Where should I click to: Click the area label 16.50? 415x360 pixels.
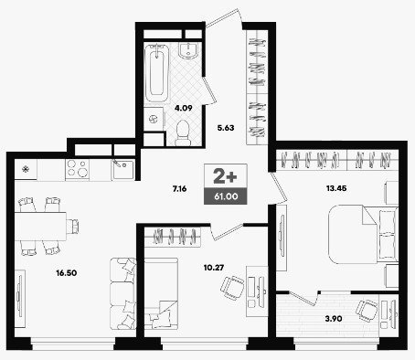[67, 273]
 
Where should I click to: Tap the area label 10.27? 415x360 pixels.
[214, 268]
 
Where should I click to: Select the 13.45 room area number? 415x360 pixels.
[336, 188]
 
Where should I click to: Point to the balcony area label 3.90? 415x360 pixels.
[334, 319]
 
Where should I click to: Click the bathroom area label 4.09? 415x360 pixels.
[183, 108]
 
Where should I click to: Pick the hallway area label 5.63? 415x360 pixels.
[226, 128]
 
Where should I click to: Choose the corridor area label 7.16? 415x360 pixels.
[179, 189]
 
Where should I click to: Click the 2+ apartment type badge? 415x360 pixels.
[225, 176]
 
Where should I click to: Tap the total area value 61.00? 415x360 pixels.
[226, 196]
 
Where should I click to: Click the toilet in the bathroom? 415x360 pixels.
[183, 132]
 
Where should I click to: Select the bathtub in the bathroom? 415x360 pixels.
[157, 73]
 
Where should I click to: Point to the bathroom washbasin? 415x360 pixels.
[188, 50]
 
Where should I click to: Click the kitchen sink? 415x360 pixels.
[123, 170]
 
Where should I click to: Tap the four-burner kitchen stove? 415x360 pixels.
[77, 169]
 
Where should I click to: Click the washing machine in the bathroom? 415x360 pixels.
[154, 119]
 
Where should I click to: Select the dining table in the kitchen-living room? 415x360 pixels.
[40, 226]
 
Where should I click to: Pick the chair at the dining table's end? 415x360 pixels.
[73, 226]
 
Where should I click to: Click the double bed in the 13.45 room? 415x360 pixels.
[363, 234]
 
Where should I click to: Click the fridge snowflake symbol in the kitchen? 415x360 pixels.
[26, 168]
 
